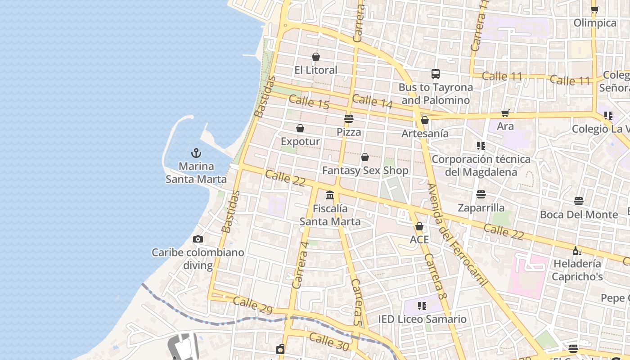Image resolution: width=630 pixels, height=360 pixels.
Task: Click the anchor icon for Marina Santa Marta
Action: (196, 153)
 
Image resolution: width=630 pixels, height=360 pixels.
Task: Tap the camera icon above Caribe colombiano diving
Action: (198, 239)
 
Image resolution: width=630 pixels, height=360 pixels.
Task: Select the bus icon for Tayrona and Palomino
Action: (435, 74)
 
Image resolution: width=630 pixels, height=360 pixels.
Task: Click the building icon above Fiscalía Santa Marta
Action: (330, 195)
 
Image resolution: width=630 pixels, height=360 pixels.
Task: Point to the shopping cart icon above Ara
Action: (505, 113)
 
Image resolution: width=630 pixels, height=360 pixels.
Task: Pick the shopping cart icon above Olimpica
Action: (594, 9)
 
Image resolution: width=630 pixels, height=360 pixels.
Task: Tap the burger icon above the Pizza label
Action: (349, 119)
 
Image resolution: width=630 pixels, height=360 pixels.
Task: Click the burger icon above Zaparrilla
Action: (481, 194)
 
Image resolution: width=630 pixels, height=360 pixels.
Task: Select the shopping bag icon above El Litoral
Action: (316, 57)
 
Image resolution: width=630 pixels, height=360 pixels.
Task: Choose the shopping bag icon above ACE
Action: (419, 226)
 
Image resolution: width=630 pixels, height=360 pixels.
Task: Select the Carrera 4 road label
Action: (300, 265)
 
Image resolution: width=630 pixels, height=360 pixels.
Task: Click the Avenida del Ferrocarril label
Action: (458, 235)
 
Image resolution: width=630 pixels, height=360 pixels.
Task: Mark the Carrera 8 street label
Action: (435, 277)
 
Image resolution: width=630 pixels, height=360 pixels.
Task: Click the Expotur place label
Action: (300, 141)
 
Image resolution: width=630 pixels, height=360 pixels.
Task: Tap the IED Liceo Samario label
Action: (422, 319)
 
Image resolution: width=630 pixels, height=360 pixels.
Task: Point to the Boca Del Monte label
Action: (579, 215)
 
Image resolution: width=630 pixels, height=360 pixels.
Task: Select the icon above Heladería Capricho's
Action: (577, 251)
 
